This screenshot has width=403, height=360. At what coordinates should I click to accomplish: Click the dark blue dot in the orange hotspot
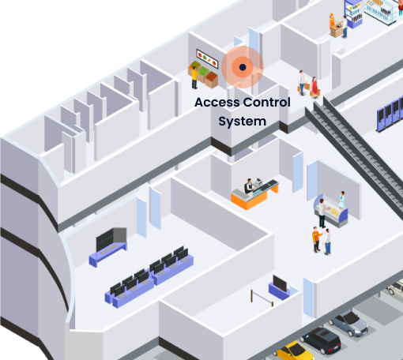[x=243, y=67]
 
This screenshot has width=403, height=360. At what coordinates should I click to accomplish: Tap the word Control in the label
[x=267, y=102]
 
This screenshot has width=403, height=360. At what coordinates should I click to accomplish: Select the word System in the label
[x=243, y=122]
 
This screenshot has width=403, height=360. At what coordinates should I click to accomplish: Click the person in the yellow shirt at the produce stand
[x=194, y=77]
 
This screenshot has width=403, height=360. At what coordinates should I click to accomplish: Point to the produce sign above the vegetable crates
[x=207, y=58]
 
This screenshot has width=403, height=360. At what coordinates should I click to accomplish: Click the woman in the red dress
[x=314, y=88]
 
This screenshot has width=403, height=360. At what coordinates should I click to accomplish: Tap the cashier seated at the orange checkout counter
[x=248, y=186]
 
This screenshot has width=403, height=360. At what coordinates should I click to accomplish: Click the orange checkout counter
[x=254, y=195]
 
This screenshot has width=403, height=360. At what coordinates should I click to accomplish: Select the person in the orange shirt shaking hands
[x=317, y=239]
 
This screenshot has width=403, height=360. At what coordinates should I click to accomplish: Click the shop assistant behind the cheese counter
[x=341, y=200]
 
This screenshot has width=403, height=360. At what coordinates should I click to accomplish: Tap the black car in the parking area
[x=322, y=340]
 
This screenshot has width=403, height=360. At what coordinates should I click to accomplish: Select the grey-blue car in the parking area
[x=349, y=323]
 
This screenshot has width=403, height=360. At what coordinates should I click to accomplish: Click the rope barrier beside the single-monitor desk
[x=262, y=298]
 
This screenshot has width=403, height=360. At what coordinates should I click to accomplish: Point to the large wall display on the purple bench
[x=111, y=239]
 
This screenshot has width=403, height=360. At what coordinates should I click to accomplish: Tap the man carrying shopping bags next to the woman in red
[x=302, y=83]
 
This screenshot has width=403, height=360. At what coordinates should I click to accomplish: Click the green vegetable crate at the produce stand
[x=204, y=71]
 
